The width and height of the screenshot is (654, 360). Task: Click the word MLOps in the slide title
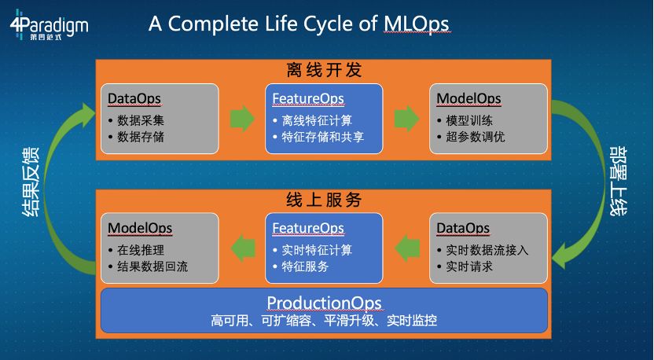416,23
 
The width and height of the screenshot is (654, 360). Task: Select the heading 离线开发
324,70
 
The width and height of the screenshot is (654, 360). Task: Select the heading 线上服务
324,200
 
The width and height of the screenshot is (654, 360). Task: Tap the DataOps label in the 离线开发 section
134,99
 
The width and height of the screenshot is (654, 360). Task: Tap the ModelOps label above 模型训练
468,99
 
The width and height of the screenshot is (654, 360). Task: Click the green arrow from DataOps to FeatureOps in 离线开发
242,119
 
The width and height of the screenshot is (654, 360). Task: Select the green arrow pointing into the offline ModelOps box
406,119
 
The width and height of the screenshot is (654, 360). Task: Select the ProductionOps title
324,303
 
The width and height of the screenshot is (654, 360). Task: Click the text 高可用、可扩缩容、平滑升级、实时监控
324,321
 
